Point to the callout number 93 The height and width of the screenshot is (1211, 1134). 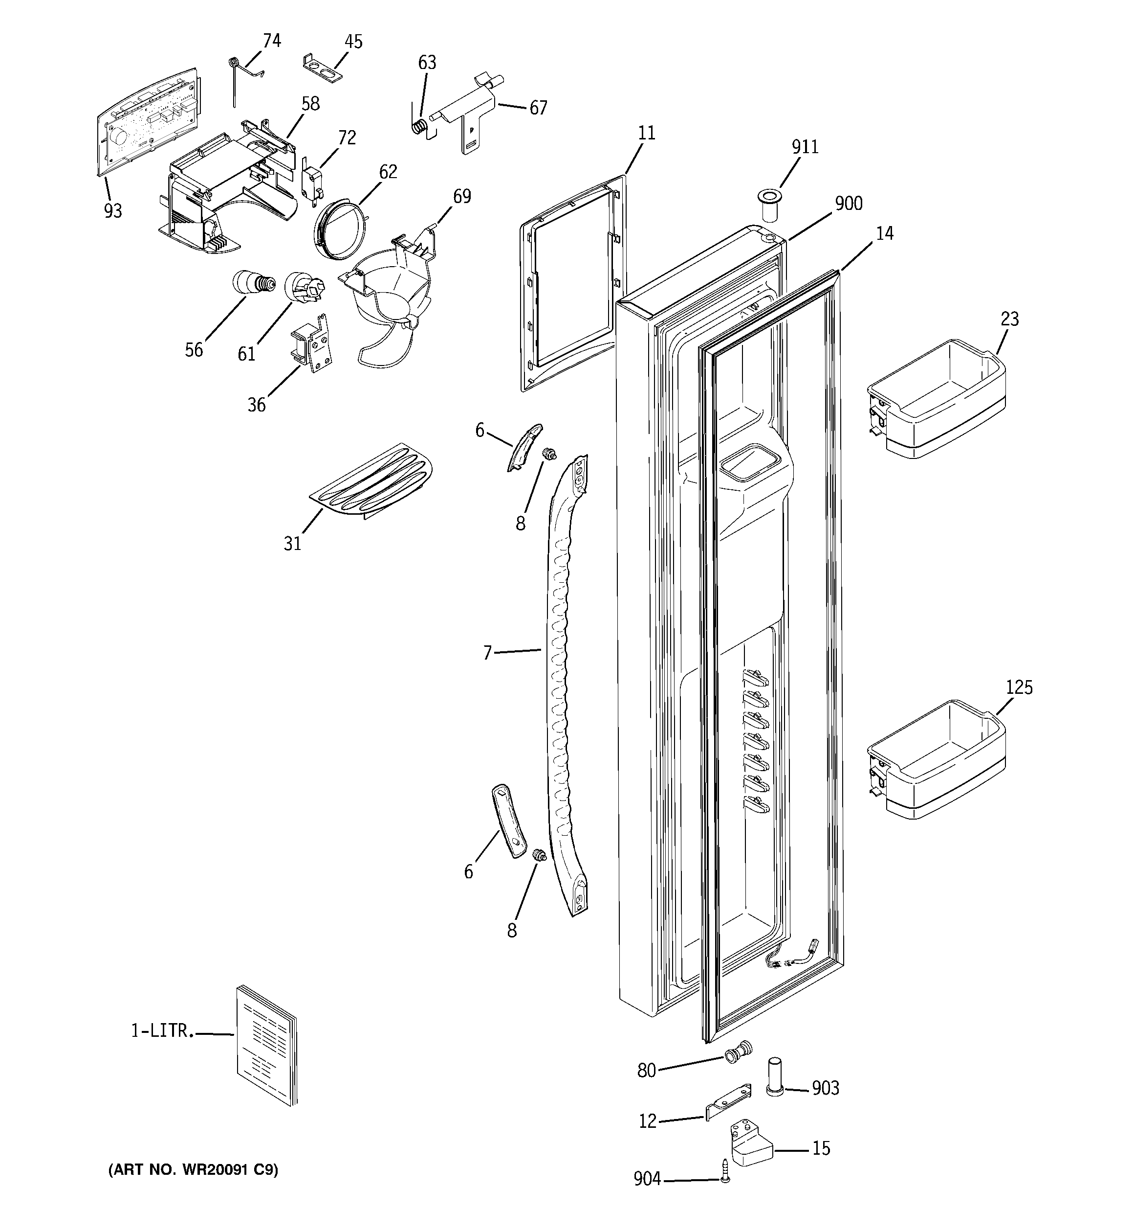[x=112, y=211]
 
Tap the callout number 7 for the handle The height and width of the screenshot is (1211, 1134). [x=487, y=654]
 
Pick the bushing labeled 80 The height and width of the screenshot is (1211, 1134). [x=738, y=1052]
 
